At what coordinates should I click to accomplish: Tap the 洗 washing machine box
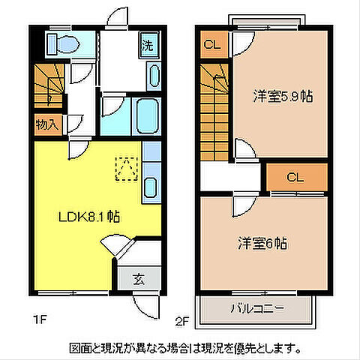[x=148, y=44]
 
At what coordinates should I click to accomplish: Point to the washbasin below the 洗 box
[x=154, y=76]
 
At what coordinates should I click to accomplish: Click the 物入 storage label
[x=46, y=124]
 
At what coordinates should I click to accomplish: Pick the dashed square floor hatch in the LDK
[x=126, y=169]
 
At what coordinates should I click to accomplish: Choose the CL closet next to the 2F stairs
[x=213, y=44]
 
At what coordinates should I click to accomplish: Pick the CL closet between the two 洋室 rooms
[x=295, y=178]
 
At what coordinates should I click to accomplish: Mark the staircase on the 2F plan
[x=214, y=109]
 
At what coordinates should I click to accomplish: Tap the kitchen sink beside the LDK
[x=150, y=187]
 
